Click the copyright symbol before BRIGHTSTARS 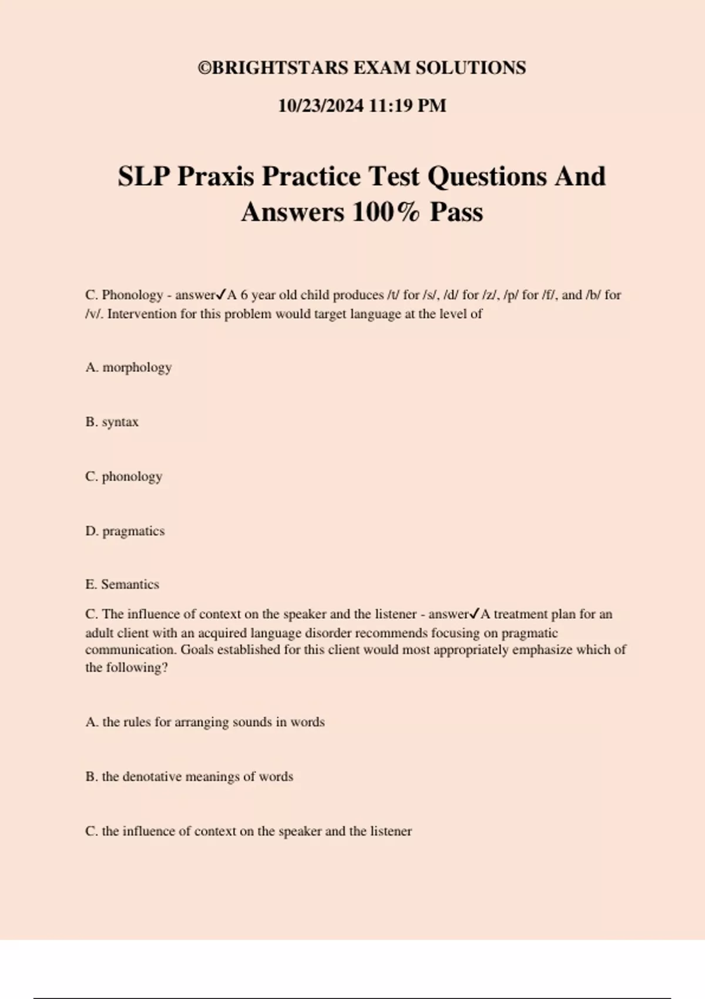204,68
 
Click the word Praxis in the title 219,176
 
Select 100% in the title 386,212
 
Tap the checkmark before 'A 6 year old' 221,294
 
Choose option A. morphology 129,367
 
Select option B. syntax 112,422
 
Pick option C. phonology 124,477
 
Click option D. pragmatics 125,531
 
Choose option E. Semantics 122,585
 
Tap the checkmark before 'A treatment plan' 475,614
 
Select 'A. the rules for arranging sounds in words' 205,722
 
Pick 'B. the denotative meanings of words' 189,777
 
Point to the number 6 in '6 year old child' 244,295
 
